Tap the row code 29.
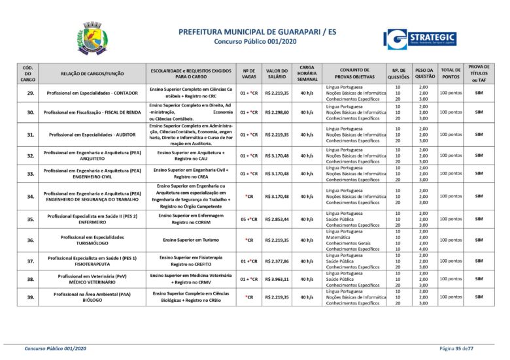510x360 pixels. (x=28, y=93)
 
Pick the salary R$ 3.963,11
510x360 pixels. (x=277, y=279)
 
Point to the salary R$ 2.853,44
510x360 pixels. (x=277, y=219)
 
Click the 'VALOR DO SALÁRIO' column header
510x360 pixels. (x=277, y=73)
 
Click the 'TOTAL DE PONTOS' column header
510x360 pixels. (x=450, y=73)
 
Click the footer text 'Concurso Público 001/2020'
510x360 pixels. (x=56, y=350)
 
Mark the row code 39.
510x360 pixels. (x=28, y=297)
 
